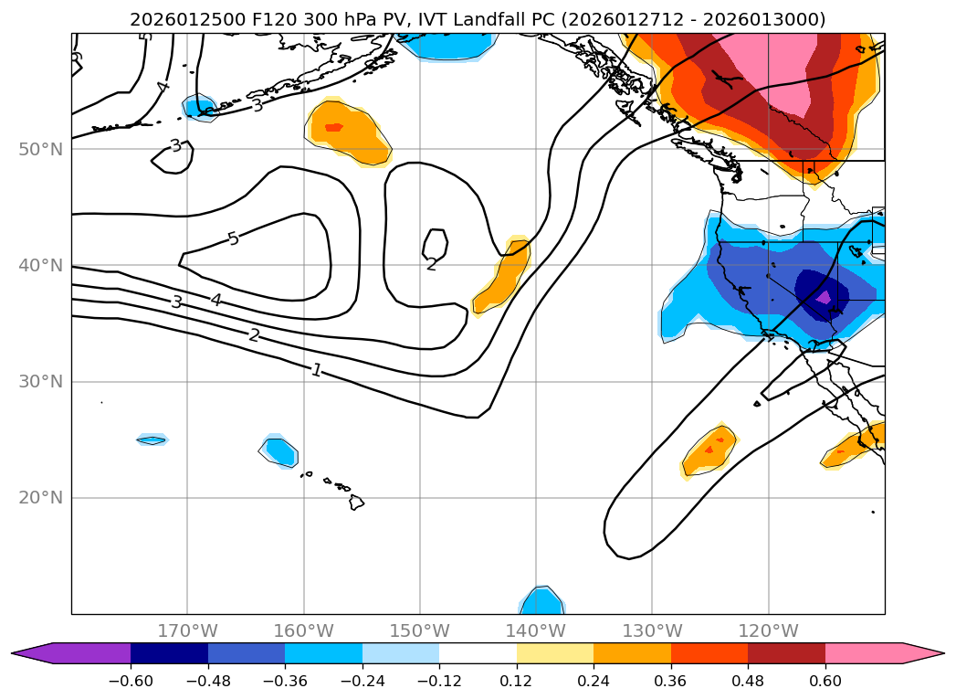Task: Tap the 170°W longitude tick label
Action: tap(187, 630)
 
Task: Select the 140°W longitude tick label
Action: tap(536, 630)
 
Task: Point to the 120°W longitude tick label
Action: tap(769, 630)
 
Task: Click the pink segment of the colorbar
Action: tap(864, 653)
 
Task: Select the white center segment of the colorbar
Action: tap(478, 653)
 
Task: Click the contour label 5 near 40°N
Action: tap(233, 239)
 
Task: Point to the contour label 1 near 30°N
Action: tap(316, 370)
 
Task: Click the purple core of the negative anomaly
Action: tap(824, 297)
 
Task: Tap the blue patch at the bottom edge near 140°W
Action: tap(542, 600)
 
